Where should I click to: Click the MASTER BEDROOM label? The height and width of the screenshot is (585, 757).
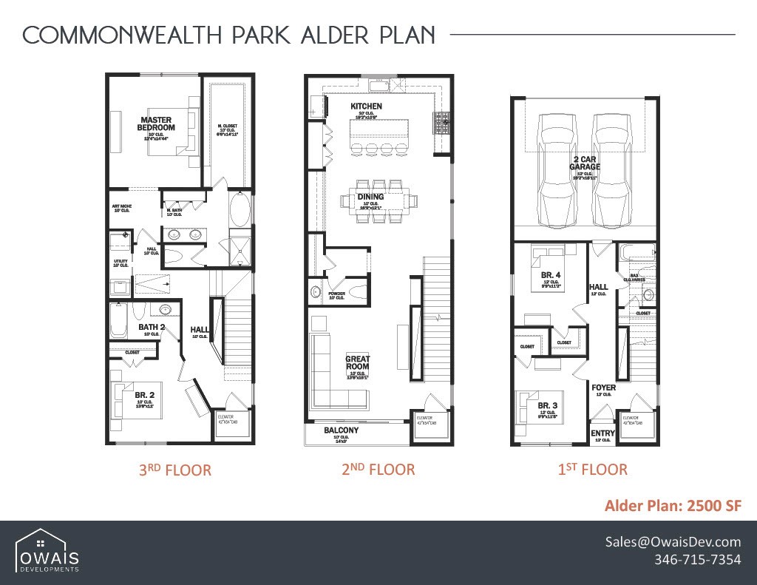pos(155,124)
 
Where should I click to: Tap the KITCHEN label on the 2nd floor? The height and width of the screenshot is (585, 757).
pos(366,106)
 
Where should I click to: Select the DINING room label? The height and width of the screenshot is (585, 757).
pos(370,197)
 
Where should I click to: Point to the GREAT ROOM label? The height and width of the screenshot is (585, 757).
pos(358,363)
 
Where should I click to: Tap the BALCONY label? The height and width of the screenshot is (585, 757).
pos(341,430)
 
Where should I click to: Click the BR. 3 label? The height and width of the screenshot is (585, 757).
pos(547,405)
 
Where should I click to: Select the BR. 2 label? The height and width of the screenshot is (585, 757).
pos(145,395)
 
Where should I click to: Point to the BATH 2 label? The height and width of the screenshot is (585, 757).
pos(152,327)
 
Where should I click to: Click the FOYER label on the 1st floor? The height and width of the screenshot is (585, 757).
pos(603,388)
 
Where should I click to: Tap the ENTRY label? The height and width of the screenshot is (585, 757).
pos(602,433)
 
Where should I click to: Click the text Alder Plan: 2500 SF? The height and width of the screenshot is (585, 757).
pos(672,506)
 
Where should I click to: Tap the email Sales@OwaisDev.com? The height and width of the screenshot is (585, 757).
pos(673,541)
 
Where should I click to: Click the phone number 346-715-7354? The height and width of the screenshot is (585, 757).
pos(697,560)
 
